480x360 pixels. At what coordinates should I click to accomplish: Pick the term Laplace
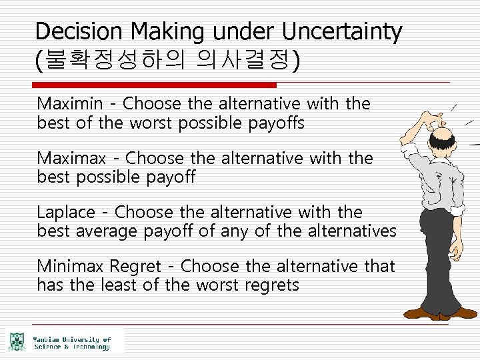[66, 213]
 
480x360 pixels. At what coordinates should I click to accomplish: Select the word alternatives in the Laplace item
[351, 231]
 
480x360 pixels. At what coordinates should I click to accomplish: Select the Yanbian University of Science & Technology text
[71, 343]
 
